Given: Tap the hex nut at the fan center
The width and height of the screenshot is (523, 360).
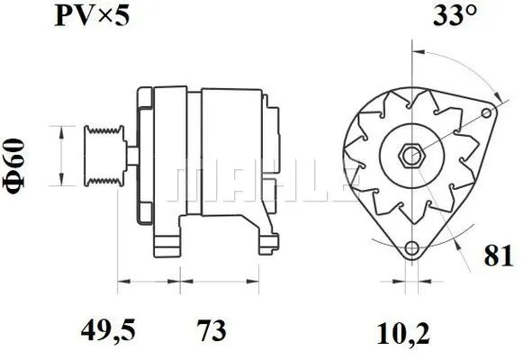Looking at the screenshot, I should pos(410,155).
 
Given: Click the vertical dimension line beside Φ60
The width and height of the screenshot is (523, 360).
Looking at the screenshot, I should pos(60,155).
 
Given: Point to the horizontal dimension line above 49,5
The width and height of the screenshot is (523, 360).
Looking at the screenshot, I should pos(149,282).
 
